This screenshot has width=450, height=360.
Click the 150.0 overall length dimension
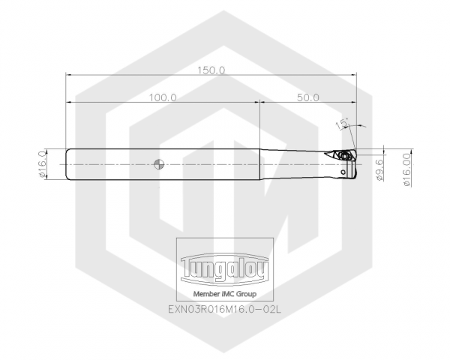pyautogui.click(x=211, y=69)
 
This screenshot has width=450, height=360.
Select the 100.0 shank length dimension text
pyautogui.click(x=162, y=97)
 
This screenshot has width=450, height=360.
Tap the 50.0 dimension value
pyautogui.click(x=307, y=97)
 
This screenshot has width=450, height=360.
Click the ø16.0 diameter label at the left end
pyautogui.click(x=42, y=163)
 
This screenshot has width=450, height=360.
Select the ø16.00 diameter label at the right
pyautogui.click(x=406, y=166)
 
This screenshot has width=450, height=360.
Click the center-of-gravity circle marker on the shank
pyautogui.click(x=156, y=163)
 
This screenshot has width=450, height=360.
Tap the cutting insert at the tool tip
pyautogui.click(x=346, y=156)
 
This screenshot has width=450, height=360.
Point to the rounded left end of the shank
pyautogui.click(x=68, y=163)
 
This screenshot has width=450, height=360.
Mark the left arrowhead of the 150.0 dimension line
pyautogui.click(x=69, y=74)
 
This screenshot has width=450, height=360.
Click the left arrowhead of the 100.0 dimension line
pyautogui.click(x=69, y=103)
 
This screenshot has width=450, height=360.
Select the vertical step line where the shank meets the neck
pyautogui.click(x=260, y=163)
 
